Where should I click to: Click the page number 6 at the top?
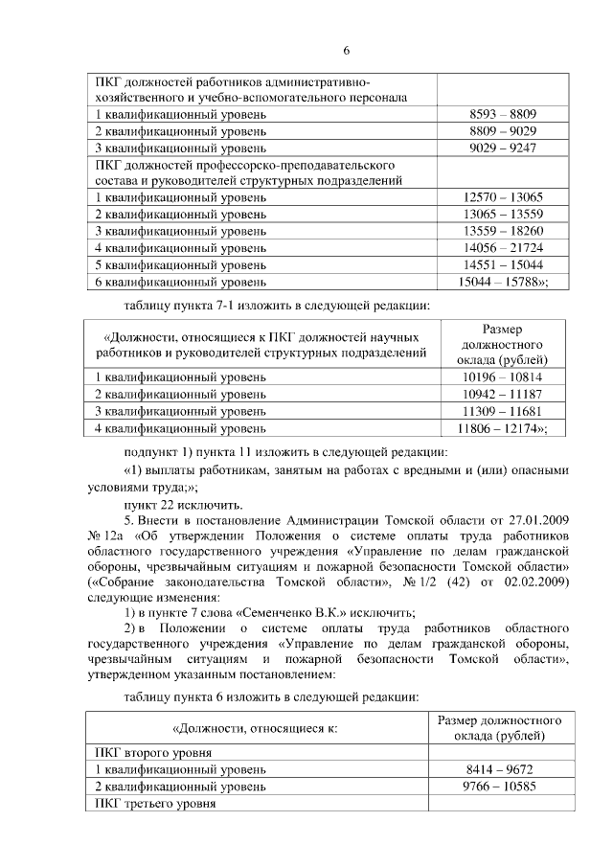pyautogui.click(x=347, y=51)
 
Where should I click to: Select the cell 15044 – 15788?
pyautogui.click(x=502, y=282)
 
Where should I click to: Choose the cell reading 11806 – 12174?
pyautogui.click(x=502, y=428)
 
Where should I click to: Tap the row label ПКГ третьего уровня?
pyautogui.click(x=153, y=804)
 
